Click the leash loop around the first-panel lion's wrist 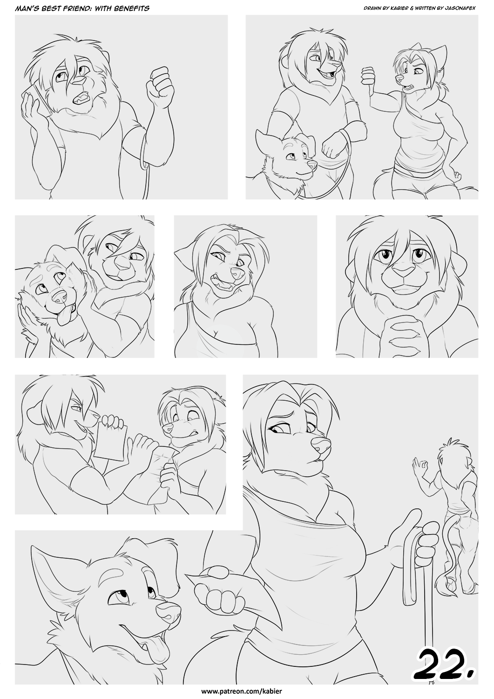point(144,151)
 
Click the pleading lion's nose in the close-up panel point(403,271)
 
